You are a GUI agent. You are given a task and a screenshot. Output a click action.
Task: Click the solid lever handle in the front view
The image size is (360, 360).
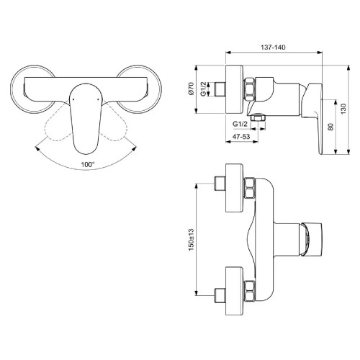84,115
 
